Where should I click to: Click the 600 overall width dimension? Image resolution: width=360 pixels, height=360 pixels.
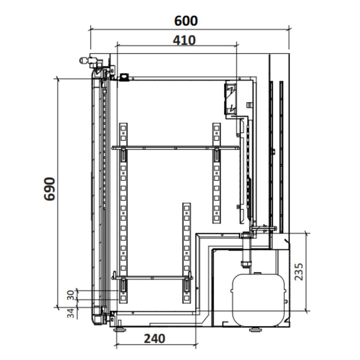click(186, 21)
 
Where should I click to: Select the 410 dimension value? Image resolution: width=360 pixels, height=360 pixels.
click(184, 40)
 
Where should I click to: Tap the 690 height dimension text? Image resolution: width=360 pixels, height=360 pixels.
click(50, 189)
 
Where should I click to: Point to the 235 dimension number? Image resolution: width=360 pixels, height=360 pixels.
click(298, 271)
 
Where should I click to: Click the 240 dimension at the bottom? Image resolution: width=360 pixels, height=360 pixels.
click(154, 339)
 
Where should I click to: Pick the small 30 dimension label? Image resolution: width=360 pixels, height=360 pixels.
click(71, 295)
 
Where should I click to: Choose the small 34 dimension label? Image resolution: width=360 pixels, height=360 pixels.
click(71, 313)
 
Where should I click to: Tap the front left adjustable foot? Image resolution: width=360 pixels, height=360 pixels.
click(120, 329)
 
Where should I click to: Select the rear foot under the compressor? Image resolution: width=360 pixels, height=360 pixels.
click(255, 329)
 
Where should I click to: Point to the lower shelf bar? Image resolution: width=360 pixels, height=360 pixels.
click(152, 278)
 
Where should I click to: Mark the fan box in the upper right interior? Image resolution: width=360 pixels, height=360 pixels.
click(231, 98)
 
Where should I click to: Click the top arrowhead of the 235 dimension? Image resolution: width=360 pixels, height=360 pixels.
click(306, 234)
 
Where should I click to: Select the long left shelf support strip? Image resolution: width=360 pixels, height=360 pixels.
click(123, 211)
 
